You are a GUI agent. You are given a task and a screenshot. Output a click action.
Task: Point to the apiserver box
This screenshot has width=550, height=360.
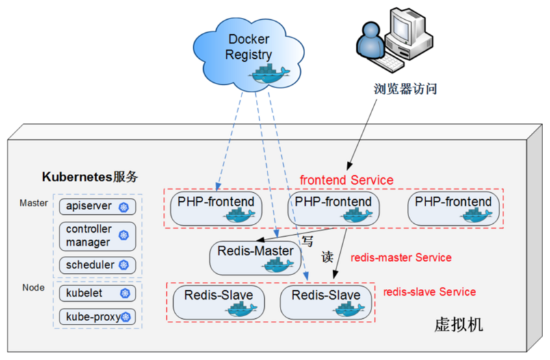pyautogui.click(x=96, y=207)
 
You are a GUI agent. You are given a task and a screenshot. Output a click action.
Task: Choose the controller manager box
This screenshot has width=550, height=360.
pyautogui.click(x=96, y=235)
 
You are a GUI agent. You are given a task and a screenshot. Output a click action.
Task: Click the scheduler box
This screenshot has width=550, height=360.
pyautogui.click(x=96, y=264)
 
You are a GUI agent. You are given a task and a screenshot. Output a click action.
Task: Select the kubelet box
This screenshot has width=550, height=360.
pyautogui.click(x=96, y=293)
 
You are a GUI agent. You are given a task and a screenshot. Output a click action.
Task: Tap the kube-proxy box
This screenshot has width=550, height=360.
pyautogui.click(x=96, y=317)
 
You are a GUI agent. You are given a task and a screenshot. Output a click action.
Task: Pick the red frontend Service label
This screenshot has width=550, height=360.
pyautogui.click(x=346, y=180)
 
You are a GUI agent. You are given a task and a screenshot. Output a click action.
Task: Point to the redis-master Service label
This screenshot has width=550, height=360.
pyautogui.click(x=401, y=258)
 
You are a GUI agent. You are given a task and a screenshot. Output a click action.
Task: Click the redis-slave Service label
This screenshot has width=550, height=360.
pyautogui.click(x=429, y=292)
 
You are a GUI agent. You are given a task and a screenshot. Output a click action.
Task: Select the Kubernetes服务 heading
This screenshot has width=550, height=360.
pyautogui.click(x=90, y=177)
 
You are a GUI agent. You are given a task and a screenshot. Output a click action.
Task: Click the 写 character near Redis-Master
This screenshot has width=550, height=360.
pyautogui.click(x=308, y=241)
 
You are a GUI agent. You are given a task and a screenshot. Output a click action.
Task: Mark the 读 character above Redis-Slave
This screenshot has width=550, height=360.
pyautogui.click(x=327, y=257)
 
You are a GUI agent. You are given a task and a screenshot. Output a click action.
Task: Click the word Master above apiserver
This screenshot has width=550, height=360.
pyautogui.click(x=34, y=203)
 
